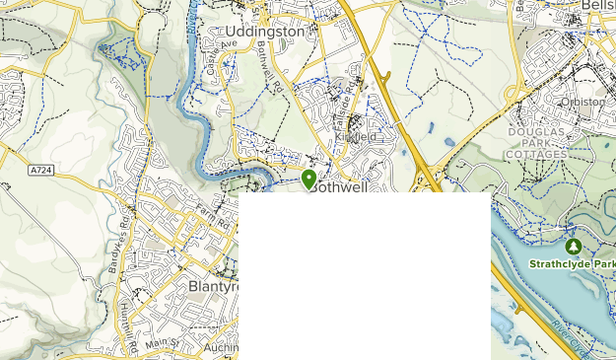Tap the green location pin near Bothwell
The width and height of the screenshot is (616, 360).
(309, 179)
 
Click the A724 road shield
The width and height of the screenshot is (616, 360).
(40, 170)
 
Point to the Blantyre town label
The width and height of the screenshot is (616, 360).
(213, 286)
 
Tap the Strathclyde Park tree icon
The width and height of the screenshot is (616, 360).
(573, 245)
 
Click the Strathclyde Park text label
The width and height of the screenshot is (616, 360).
(572, 264)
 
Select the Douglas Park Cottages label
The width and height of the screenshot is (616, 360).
(537, 143)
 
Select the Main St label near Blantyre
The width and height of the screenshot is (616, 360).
(161, 342)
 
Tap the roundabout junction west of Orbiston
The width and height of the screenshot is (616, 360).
(513, 94)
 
